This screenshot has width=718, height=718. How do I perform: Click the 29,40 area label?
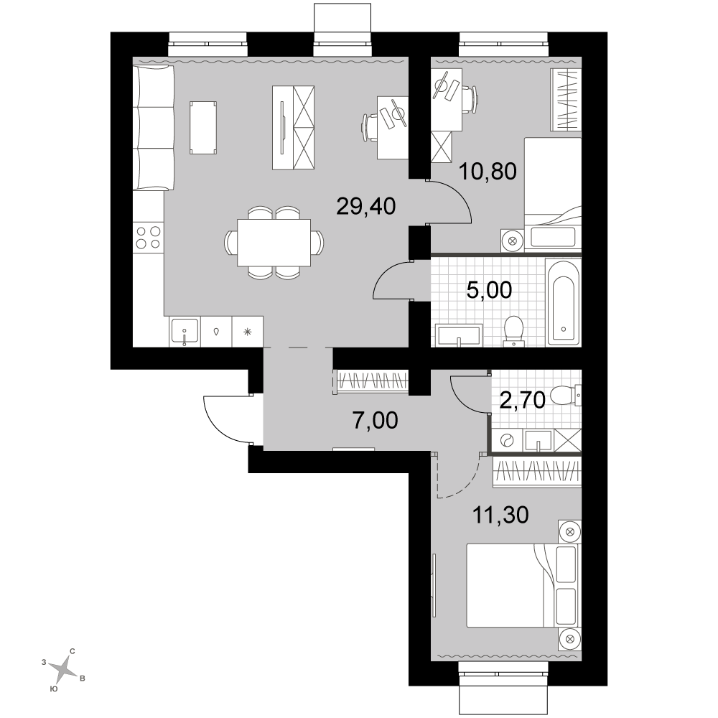click(366, 207)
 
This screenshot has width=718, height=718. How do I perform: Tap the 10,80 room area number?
click(488, 172)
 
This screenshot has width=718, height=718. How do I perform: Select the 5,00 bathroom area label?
click(489, 290)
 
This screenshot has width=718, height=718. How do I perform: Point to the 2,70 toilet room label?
click(522, 400)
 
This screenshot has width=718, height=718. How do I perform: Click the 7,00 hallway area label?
click(376, 420)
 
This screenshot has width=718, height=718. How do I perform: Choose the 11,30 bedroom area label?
click(500, 515)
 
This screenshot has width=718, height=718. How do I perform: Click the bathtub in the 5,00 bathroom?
click(563, 303)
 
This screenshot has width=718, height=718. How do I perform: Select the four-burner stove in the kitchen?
click(149, 238)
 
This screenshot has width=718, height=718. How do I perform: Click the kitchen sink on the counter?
click(185, 332)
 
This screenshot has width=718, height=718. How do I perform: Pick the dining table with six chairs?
click(274, 242)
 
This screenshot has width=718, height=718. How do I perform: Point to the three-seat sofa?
click(154, 127)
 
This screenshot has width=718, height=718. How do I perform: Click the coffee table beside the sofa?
click(203, 128)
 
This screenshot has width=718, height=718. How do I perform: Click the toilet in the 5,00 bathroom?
click(514, 330)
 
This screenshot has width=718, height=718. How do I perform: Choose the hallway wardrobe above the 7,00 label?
click(372, 381)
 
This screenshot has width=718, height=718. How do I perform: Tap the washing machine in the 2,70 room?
click(507, 441)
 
